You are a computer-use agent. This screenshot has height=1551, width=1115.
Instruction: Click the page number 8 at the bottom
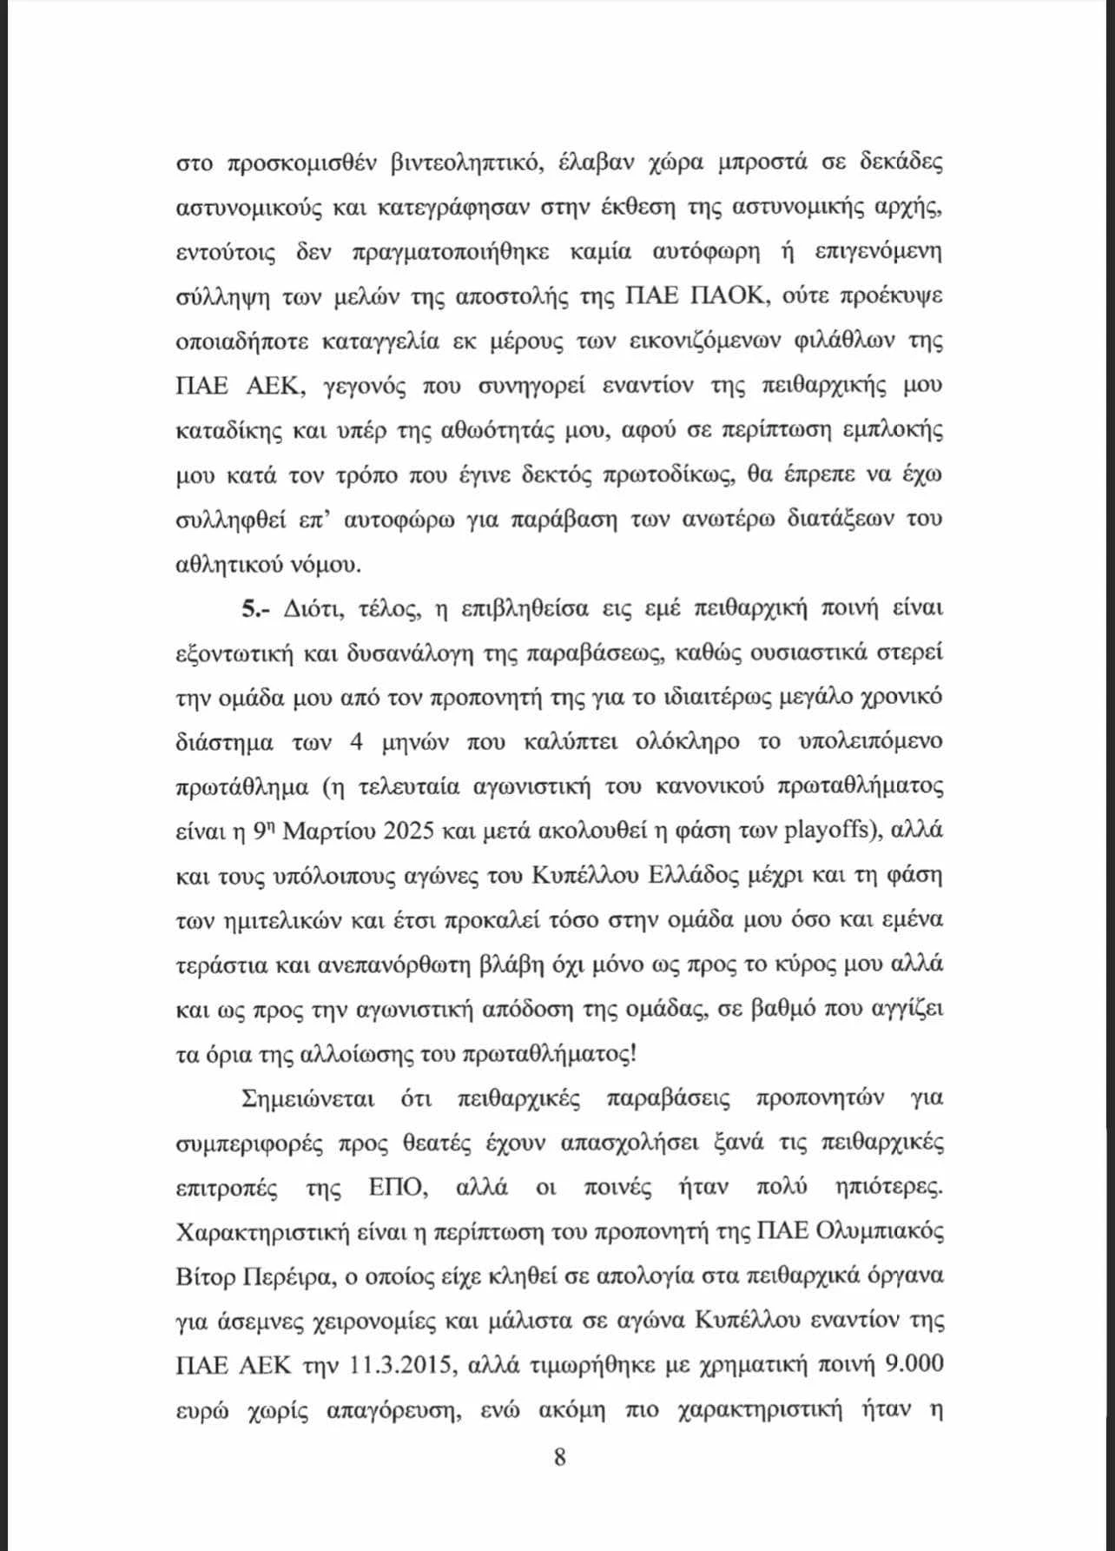click(x=559, y=1456)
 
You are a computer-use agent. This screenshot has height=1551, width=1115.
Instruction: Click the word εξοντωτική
click(x=234, y=653)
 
